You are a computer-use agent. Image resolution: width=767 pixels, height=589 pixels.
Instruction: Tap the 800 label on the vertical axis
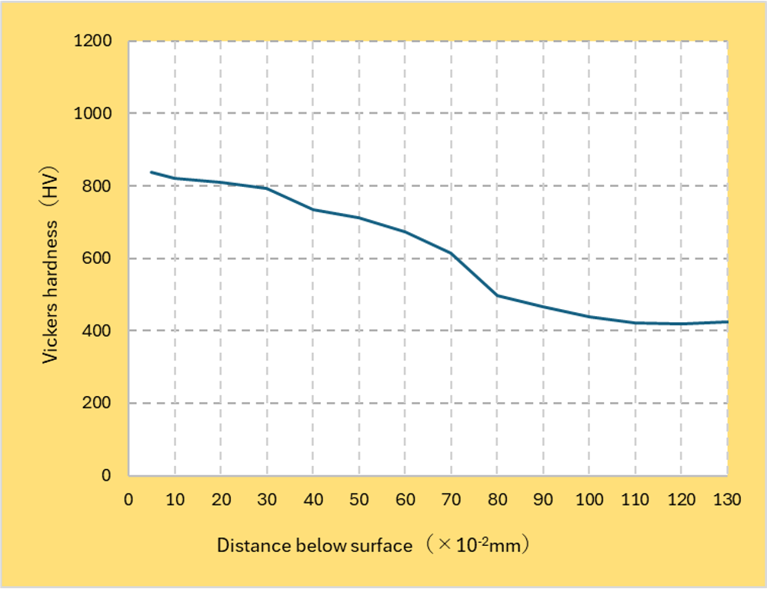click(x=98, y=186)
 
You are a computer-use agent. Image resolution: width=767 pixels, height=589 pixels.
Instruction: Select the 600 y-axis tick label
click(x=98, y=258)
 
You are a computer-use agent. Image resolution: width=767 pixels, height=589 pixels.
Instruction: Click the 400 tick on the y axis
click(x=98, y=331)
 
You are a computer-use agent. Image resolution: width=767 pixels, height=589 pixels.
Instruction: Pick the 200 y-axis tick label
click(x=98, y=403)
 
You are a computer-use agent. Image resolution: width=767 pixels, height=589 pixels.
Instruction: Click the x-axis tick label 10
click(x=175, y=500)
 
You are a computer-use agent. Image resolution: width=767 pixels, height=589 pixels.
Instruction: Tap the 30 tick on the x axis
click(x=267, y=500)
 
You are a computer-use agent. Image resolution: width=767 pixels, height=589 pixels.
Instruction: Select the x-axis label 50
click(x=359, y=500)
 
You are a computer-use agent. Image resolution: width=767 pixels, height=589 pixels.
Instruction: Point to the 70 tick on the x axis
click(x=452, y=500)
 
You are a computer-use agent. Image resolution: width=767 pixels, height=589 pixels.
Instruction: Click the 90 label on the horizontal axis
click(x=543, y=500)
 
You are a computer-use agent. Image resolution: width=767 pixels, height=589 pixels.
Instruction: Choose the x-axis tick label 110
click(x=635, y=500)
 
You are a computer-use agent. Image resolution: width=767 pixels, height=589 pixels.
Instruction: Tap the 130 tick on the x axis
click(x=727, y=500)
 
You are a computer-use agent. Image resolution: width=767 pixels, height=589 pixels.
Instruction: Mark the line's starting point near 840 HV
click(x=152, y=172)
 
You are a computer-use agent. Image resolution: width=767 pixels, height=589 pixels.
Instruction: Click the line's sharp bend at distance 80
click(x=497, y=295)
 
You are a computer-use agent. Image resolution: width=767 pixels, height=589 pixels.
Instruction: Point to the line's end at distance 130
click(x=727, y=321)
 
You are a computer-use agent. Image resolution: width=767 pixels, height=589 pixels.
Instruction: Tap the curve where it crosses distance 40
click(x=313, y=209)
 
